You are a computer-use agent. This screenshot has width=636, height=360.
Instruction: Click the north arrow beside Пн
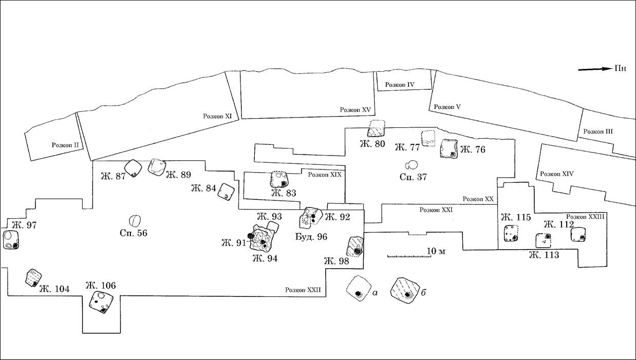tap(594, 69)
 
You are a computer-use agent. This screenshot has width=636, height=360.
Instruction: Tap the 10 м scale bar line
tap(409, 256)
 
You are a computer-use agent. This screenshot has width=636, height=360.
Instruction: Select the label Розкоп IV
tap(400, 85)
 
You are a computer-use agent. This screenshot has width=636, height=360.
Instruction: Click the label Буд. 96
tap(311, 237)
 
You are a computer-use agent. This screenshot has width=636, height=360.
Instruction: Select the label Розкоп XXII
tap(303, 290)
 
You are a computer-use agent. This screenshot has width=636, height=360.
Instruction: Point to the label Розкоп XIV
tap(556, 174)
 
